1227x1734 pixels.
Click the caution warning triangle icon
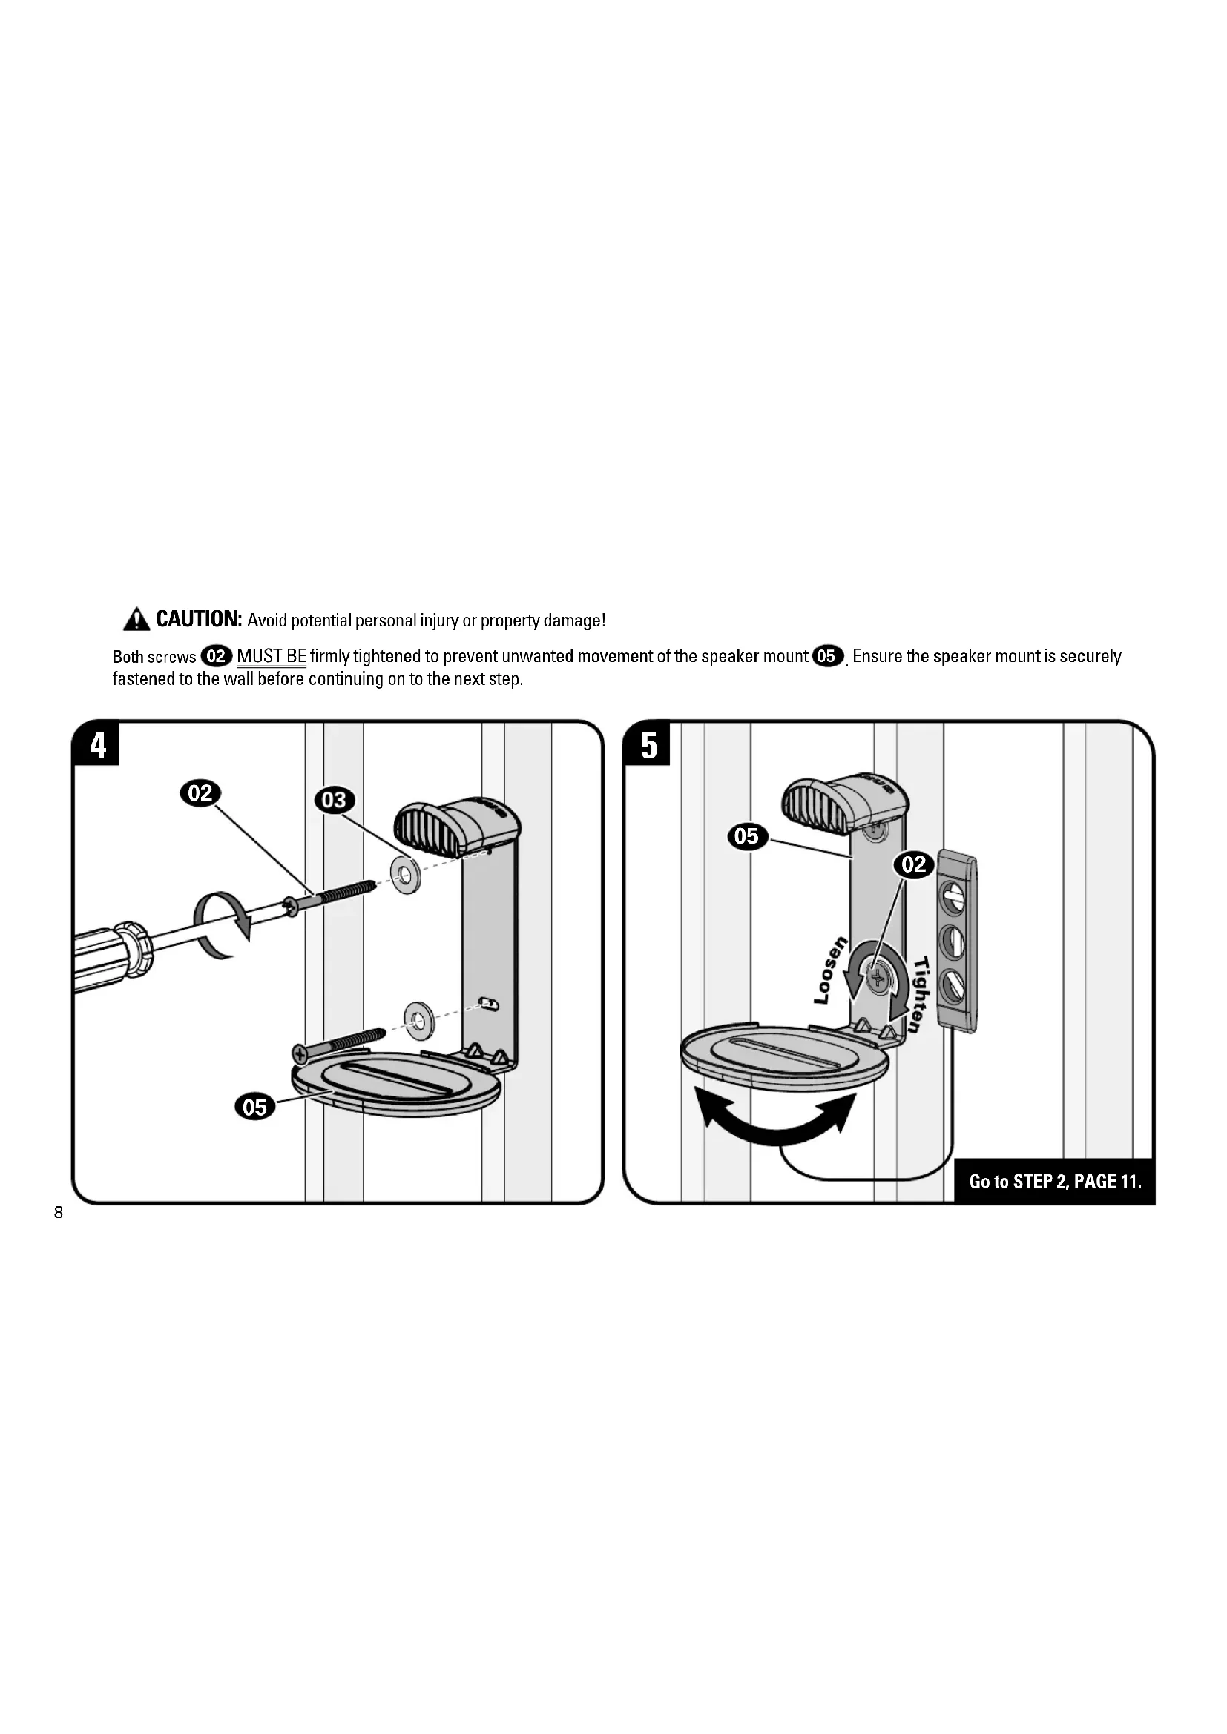(x=136, y=620)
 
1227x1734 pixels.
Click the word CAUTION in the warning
(x=199, y=619)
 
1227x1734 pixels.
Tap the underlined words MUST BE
(x=272, y=656)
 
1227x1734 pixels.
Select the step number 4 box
(x=97, y=745)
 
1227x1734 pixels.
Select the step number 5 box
(x=648, y=745)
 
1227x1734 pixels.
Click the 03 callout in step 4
(x=334, y=800)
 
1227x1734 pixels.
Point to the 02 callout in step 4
(x=200, y=793)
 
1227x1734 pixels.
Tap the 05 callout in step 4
(x=255, y=1107)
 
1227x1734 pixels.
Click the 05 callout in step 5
(x=746, y=836)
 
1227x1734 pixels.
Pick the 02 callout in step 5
(x=914, y=864)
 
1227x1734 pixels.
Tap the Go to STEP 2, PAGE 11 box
(x=1055, y=1181)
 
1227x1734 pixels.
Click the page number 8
(x=59, y=1214)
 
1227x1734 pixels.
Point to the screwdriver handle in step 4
(x=114, y=953)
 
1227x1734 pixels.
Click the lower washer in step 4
(x=415, y=1022)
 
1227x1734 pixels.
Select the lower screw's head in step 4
(x=300, y=1052)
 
